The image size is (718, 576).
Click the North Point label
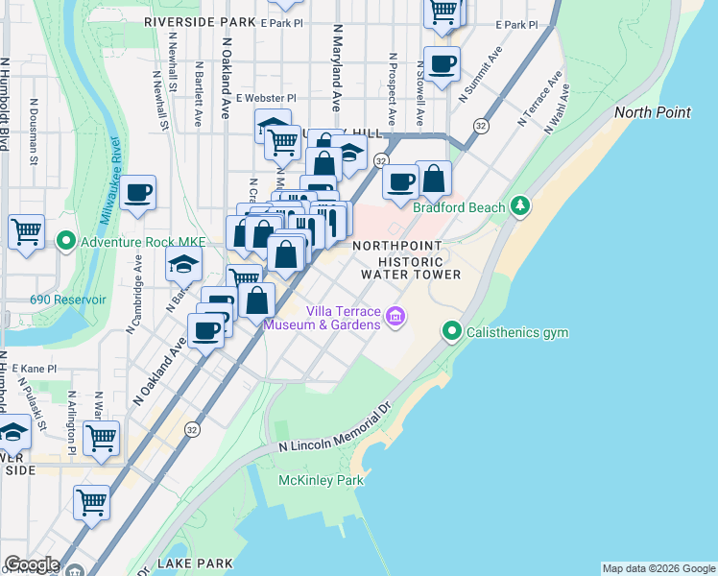(652, 112)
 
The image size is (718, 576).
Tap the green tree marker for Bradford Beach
(520, 205)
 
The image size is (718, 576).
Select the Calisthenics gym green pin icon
(451, 332)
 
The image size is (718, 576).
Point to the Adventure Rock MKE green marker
(66, 240)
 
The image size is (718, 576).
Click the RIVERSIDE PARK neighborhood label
(200, 21)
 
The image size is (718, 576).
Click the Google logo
(31, 564)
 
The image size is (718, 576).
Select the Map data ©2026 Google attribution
(658, 568)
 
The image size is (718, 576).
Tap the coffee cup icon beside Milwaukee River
(138, 193)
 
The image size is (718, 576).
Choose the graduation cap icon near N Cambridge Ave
(184, 264)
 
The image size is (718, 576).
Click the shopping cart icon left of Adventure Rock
(26, 230)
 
